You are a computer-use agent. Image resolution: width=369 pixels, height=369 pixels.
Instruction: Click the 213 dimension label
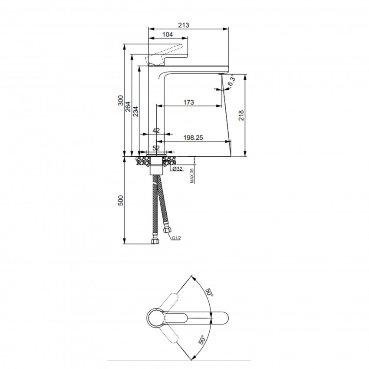(x=184, y=25)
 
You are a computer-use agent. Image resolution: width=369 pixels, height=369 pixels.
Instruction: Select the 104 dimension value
(x=168, y=34)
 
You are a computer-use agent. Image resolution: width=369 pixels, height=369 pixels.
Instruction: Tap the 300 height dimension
(x=121, y=100)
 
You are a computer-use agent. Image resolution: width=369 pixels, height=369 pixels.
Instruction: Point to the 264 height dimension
(x=128, y=107)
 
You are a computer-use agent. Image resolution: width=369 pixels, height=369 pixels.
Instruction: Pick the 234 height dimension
(x=135, y=112)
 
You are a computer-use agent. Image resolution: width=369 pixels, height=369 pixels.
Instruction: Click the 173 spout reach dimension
(x=189, y=102)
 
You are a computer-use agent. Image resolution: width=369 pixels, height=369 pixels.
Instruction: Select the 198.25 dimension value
(x=193, y=138)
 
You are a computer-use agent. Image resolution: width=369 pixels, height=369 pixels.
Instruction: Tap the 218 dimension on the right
(x=241, y=115)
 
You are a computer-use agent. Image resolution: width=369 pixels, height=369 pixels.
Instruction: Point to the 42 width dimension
(x=156, y=130)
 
